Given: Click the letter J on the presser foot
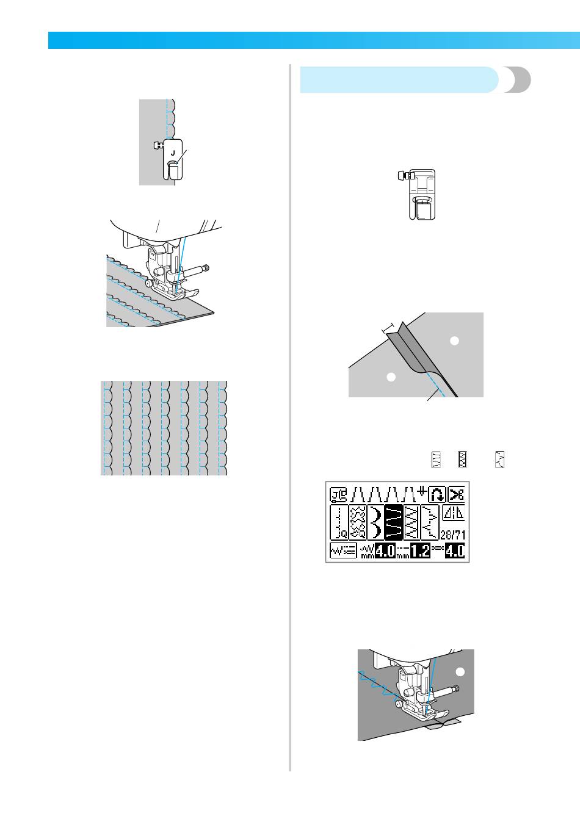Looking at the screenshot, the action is [x=173, y=153].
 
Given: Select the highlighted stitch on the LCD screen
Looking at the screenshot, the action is [x=394, y=523].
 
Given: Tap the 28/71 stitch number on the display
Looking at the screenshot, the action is [x=453, y=535].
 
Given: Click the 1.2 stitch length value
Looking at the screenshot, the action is [x=420, y=551].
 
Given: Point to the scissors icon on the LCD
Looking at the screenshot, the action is [x=457, y=495].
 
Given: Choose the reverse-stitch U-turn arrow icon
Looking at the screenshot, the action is [x=437, y=495].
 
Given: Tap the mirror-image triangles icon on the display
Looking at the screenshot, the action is [x=454, y=513].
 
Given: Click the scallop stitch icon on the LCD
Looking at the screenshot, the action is [x=375, y=523].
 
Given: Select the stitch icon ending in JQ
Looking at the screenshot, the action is [x=339, y=523].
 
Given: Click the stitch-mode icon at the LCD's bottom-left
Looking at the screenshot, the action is [x=343, y=550].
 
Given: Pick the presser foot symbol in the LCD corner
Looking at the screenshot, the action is [x=339, y=495].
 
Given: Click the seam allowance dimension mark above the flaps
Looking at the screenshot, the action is [x=389, y=328].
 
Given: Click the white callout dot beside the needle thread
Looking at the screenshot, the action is [x=461, y=672].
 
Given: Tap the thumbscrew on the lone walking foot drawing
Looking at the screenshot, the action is [x=402, y=176].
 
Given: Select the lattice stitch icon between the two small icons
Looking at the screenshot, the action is [x=463, y=459].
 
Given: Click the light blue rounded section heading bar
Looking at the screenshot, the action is [x=399, y=80].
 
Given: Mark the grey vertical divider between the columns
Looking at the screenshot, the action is [x=291, y=417].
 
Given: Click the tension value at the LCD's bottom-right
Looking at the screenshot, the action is [x=455, y=551].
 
